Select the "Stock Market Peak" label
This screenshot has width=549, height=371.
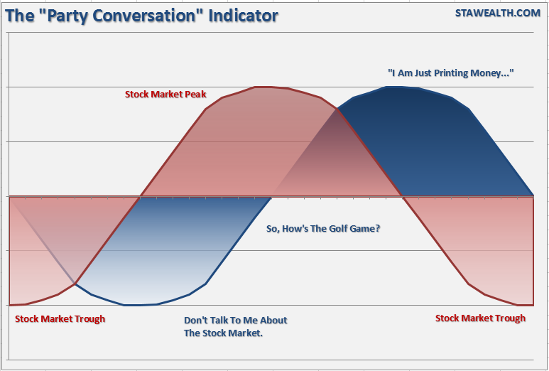click(165, 94)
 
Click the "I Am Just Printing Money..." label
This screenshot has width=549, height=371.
click(450, 73)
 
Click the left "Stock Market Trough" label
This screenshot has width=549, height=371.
click(60, 318)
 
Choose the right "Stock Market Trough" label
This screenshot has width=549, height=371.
click(480, 318)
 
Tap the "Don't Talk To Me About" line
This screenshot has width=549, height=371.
click(235, 320)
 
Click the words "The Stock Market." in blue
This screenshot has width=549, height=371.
click(223, 333)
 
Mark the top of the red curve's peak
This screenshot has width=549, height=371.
click(263, 87)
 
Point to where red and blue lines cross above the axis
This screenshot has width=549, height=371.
click(337, 109)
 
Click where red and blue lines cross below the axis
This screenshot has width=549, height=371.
click(75, 284)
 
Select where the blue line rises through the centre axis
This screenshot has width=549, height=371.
click(271, 196)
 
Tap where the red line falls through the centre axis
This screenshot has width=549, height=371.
click(403, 196)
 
